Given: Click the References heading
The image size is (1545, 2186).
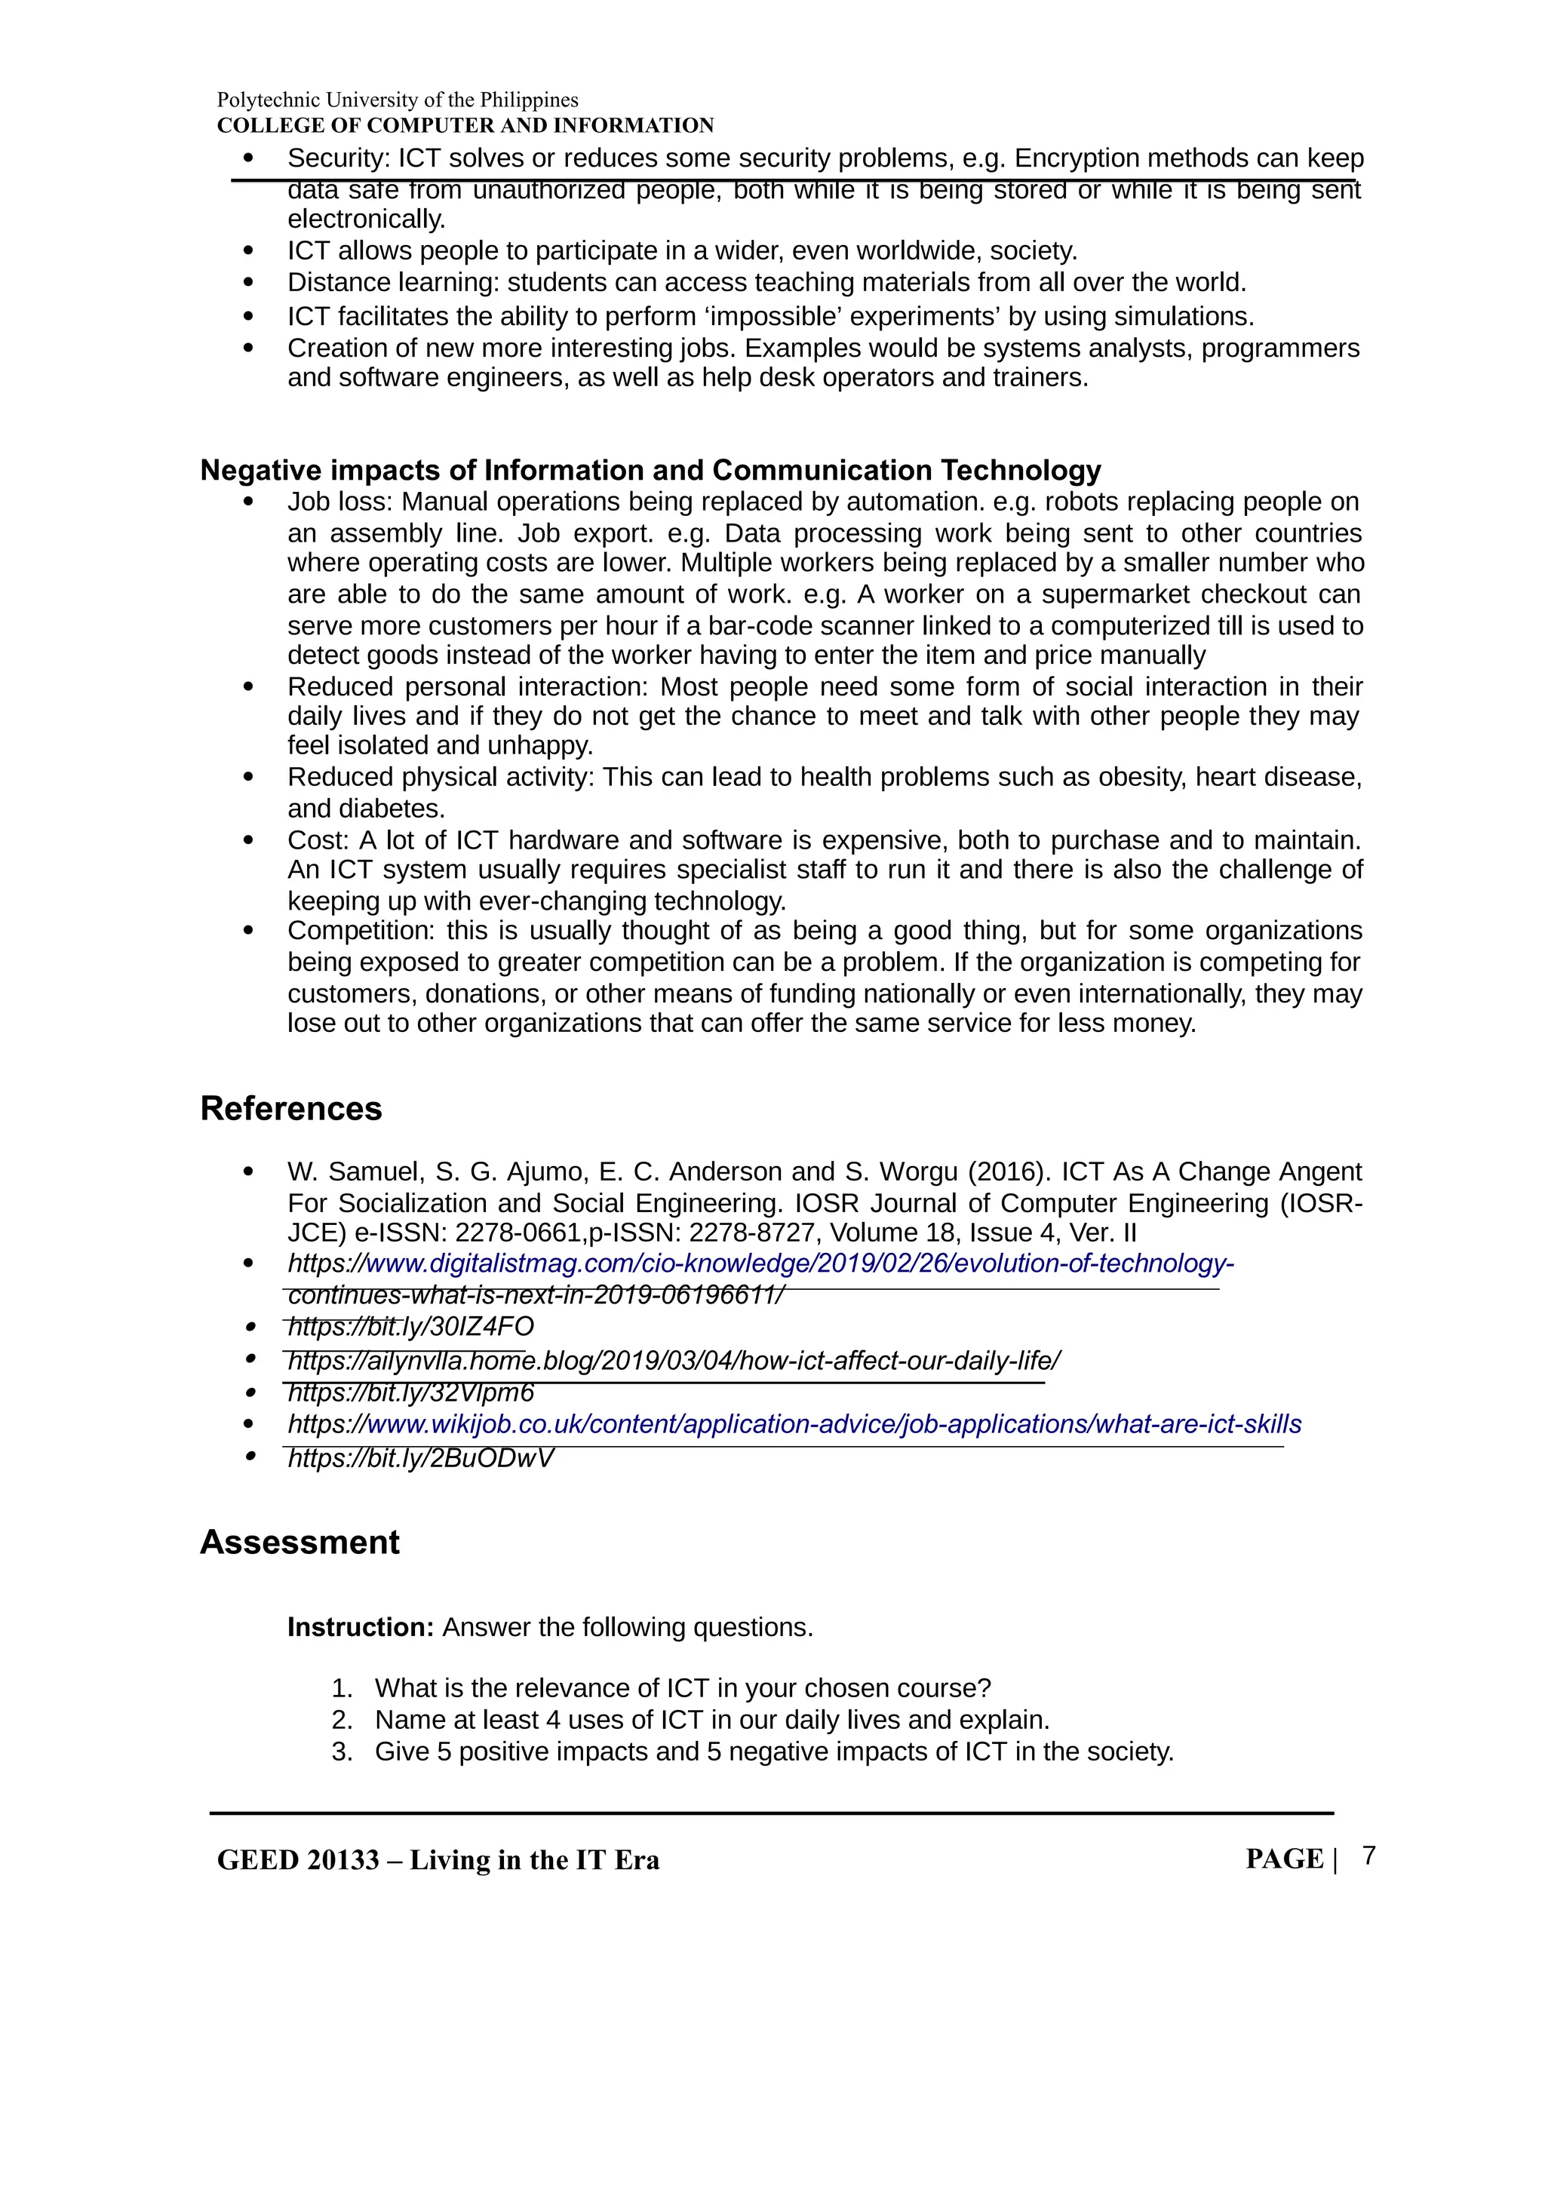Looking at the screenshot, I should (290, 1108).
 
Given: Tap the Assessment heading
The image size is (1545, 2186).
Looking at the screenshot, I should (299, 1543).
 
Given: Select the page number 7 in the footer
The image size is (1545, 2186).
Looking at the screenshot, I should (1369, 1856).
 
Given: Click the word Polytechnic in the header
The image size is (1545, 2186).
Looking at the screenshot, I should (269, 100).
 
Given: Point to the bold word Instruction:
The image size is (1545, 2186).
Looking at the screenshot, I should (361, 1627).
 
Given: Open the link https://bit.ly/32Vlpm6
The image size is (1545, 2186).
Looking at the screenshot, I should (410, 1393).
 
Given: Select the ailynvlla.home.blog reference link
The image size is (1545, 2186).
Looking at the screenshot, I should (673, 1361).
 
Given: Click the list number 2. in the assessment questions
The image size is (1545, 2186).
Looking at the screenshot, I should (342, 1721).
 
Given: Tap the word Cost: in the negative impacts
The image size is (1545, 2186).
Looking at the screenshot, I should (319, 841).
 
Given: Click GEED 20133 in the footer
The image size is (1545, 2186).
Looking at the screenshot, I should (298, 1860).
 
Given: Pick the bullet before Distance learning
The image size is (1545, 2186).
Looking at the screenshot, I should (248, 283).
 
